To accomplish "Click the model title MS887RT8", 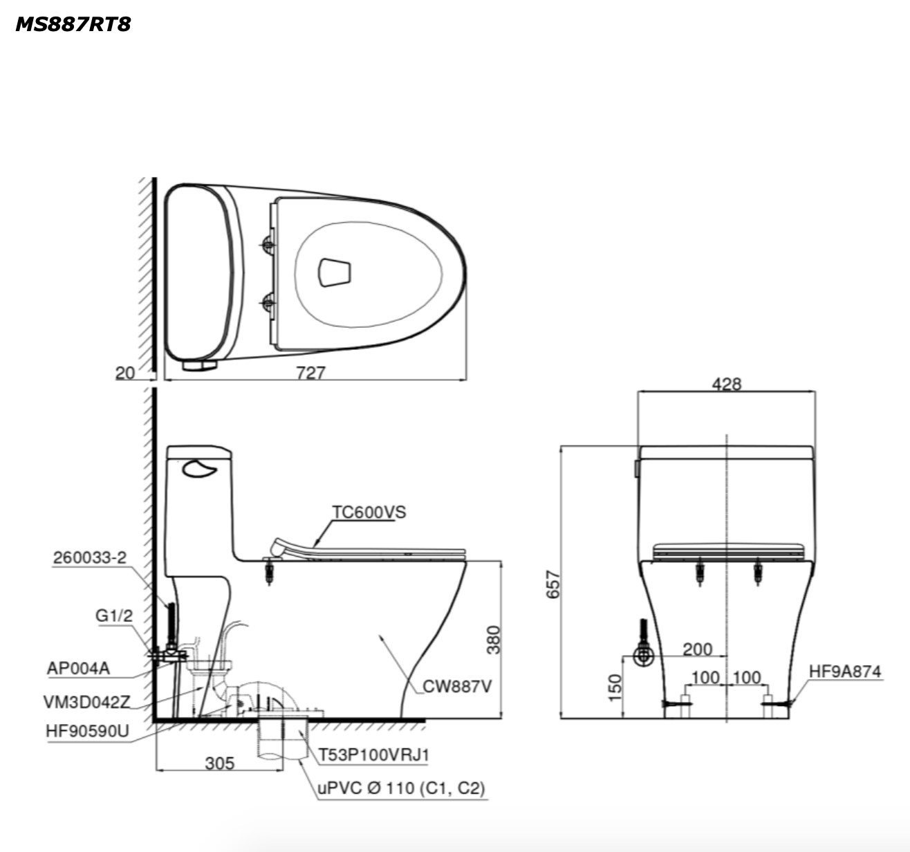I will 73,24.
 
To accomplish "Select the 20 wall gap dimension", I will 125,373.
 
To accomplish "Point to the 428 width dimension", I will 726,384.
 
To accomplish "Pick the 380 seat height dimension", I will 493,640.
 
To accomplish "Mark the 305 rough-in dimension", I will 220,763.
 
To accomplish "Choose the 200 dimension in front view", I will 697,649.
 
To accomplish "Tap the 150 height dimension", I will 615,686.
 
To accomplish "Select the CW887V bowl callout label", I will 457,686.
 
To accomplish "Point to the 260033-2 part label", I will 90,557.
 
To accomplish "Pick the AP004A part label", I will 78,668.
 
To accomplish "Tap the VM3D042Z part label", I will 86,701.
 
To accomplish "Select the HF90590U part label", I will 87,731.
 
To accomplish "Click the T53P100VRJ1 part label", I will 373,754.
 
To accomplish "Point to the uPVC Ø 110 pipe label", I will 401,788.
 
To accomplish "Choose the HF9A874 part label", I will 845,671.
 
